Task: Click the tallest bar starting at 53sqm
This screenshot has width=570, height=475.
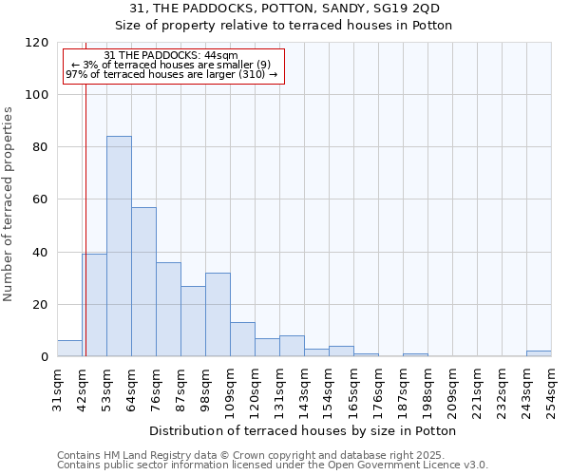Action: tap(119, 247)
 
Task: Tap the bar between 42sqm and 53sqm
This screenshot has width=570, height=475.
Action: tap(94, 305)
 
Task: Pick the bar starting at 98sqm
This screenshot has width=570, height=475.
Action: tap(218, 314)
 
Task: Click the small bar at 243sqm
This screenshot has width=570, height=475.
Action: tap(539, 353)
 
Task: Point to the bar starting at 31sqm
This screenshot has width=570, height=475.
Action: tap(69, 349)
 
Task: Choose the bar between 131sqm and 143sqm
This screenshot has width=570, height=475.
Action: tap(292, 347)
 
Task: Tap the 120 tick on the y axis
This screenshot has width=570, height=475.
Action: tap(38, 43)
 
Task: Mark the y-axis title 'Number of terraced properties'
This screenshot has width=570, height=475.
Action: tap(9, 204)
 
